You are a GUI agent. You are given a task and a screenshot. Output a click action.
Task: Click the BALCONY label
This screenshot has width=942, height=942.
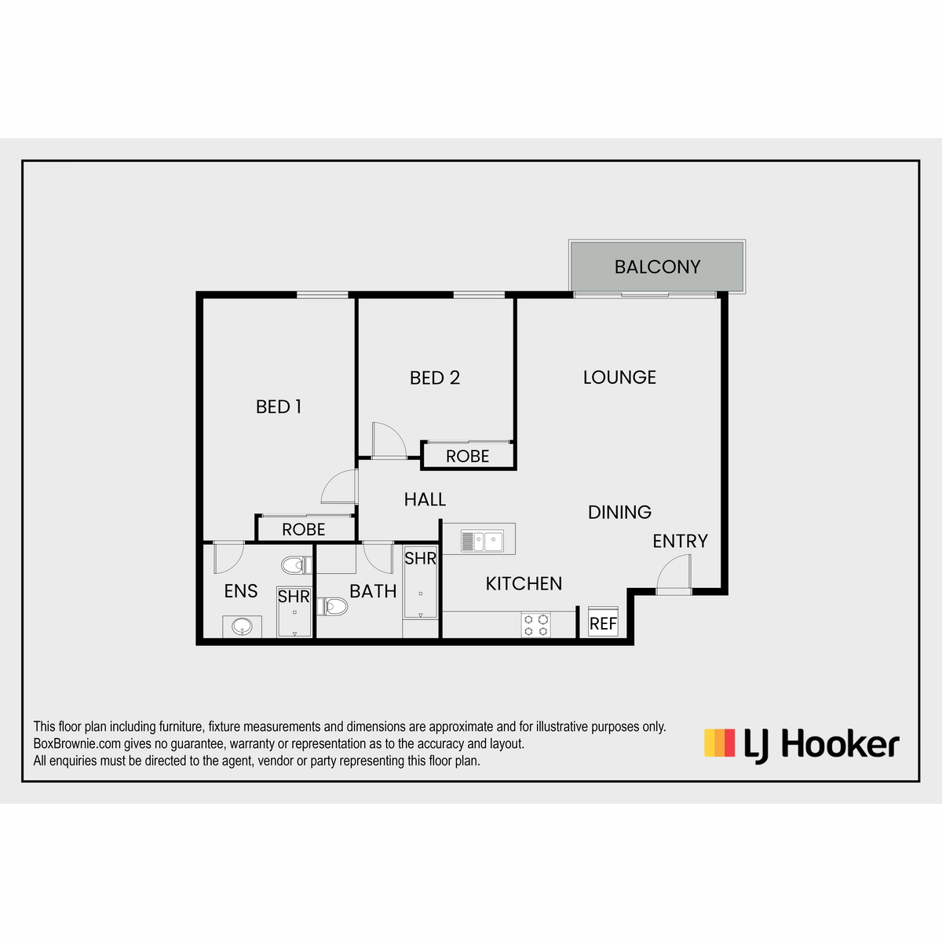(x=657, y=267)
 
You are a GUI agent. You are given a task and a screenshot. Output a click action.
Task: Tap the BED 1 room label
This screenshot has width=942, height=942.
(x=279, y=407)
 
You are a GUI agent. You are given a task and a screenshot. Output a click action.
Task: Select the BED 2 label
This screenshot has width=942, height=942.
(x=435, y=378)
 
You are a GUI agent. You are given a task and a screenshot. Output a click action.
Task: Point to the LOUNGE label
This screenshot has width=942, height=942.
(x=619, y=378)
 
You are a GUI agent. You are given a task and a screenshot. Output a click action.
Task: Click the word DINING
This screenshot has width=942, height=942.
(x=619, y=513)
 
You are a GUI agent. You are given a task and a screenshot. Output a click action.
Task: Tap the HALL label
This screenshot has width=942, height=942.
(x=425, y=499)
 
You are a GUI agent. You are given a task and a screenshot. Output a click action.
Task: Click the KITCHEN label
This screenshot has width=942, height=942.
(x=524, y=584)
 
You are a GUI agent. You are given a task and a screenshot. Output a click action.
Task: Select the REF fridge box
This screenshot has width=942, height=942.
(x=603, y=622)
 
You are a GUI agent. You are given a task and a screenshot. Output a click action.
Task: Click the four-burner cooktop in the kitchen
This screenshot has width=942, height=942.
(x=536, y=625)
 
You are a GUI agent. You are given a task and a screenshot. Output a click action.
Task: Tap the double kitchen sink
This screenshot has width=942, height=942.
(x=482, y=542)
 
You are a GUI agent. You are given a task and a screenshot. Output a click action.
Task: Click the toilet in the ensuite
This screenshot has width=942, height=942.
(x=297, y=565)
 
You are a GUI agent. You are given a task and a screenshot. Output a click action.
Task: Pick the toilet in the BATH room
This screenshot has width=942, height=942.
(x=332, y=607)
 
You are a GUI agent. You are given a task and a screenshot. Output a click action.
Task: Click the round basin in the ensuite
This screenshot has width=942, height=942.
(x=242, y=626)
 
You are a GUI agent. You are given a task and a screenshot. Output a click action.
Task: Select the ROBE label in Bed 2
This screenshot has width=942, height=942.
(x=467, y=457)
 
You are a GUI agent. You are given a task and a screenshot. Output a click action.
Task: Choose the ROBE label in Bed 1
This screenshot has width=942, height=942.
(x=304, y=529)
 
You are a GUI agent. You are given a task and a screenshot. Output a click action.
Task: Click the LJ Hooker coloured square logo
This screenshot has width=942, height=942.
(x=719, y=743)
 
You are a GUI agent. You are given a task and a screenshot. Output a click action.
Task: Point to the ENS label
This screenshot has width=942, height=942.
(x=240, y=592)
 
